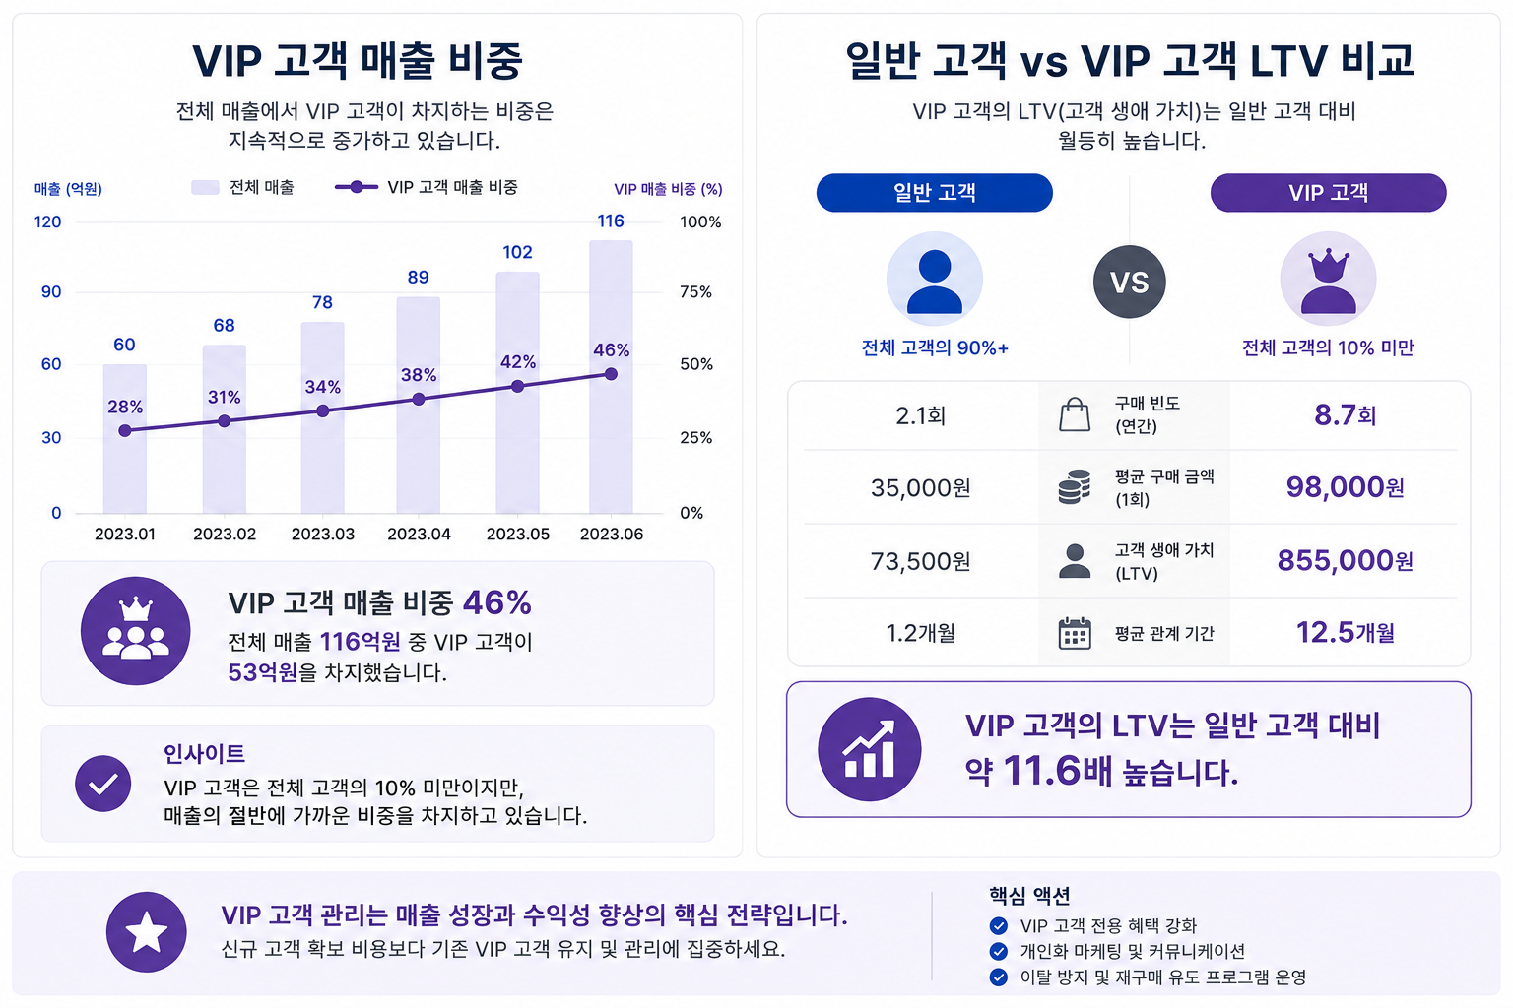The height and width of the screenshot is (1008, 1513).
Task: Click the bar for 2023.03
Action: click(x=323, y=418)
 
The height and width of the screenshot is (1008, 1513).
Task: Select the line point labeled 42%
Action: click(x=518, y=386)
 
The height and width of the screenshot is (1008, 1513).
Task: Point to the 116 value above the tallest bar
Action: click(x=611, y=220)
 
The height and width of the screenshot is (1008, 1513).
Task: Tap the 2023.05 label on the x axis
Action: click(x=518, y=535)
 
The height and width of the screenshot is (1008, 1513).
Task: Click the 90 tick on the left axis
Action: click(x=51, y=291)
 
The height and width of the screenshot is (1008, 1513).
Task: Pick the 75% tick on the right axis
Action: click(x=695, y=291)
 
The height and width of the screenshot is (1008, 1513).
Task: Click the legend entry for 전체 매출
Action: click(x=243, y=187)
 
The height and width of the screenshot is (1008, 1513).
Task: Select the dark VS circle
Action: click(x=1130, y=282)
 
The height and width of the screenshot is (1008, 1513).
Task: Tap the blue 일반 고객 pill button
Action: click(x=934, y=192)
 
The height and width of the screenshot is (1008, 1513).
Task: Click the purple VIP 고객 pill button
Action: click(x=1328, y=192)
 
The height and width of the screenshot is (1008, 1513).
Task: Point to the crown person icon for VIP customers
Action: click(x=1328, y=280)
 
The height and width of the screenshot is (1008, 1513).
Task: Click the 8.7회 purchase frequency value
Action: click(x=1345, y=414)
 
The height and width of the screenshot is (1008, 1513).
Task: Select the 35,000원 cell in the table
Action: click(x=921, y=487)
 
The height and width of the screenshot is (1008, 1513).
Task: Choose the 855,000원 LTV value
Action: click(x=1345, y=560)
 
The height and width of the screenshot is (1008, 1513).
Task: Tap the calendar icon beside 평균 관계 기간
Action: click(x=1075, y=633)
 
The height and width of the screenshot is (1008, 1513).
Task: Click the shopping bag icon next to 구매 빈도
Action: click(x=1075, y=414)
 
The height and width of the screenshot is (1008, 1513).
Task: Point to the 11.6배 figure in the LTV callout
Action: click(x=1057, y=771)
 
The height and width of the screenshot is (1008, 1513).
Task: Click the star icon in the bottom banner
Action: click(x=147, y=931)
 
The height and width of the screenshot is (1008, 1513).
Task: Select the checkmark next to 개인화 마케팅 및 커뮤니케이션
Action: click(x=998, y=951)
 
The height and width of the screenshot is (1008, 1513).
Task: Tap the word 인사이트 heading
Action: click(x=204, y=753)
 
